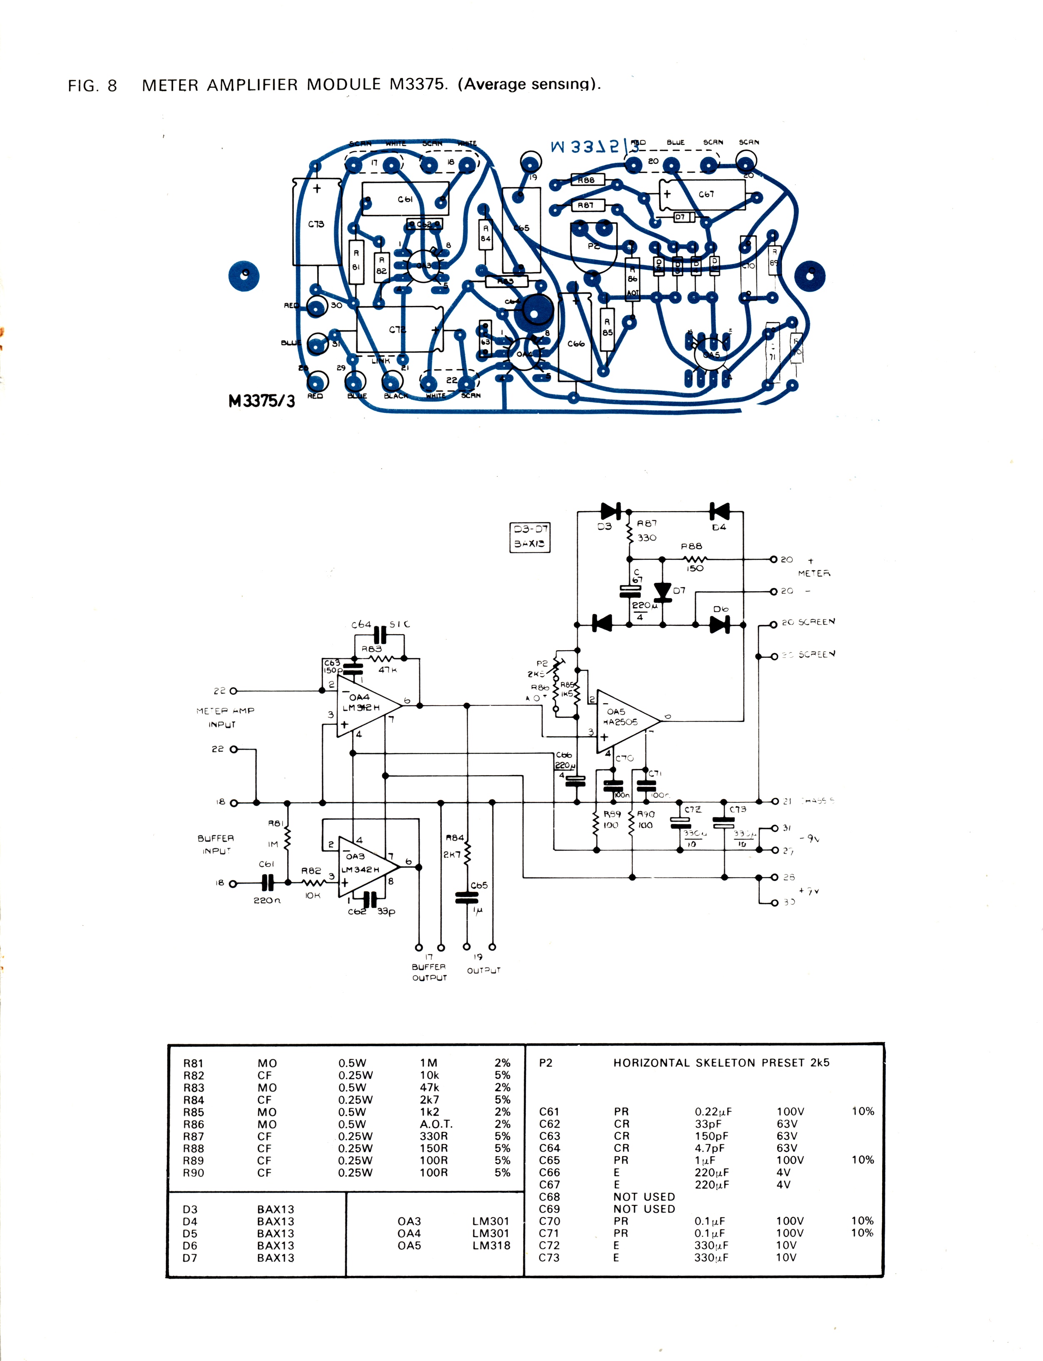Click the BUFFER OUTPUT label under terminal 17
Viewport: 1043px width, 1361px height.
429,972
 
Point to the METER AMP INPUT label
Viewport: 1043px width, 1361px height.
224,717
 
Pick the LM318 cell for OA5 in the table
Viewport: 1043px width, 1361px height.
491,1245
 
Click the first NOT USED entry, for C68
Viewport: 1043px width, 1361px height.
644,1196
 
